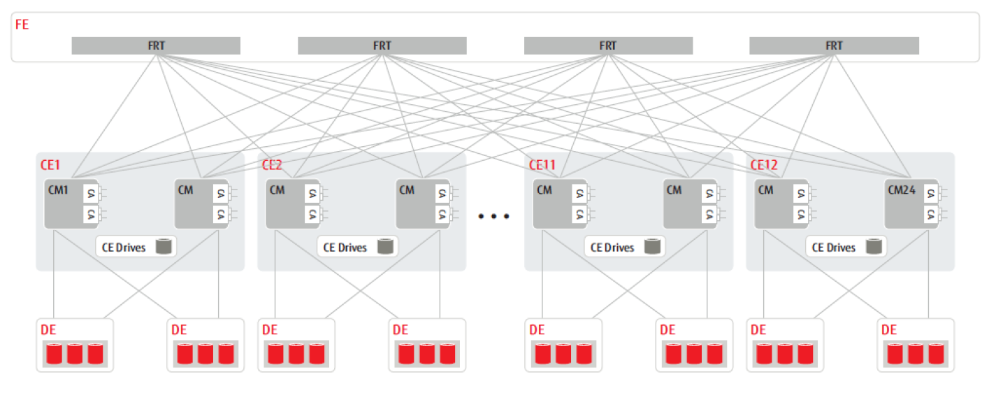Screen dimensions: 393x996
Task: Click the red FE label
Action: point(22,24)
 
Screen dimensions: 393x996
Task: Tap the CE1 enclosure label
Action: point(50,165)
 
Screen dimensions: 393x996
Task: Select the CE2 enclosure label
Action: point(272,165)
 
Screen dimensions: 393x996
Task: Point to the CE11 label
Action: point(542,165)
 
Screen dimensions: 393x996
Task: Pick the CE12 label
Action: point(764,165)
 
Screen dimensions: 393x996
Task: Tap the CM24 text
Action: point(902,190)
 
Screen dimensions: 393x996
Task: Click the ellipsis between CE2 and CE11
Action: point(494,216)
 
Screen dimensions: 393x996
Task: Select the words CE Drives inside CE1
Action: point(124,247)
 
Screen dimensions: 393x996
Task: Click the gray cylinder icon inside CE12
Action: point(874,246)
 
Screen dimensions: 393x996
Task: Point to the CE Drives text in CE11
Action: point(612,247)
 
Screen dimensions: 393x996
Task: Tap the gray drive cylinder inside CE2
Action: point(384,246)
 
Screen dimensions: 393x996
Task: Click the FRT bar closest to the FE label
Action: point(156,45)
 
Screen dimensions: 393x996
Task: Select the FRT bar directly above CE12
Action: point(834,45)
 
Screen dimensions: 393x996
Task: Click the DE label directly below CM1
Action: point(49,329)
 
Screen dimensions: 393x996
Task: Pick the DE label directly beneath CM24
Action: point(889,329)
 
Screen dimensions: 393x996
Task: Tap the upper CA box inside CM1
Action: point(90,194)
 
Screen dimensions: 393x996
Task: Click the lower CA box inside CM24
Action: point(930,215)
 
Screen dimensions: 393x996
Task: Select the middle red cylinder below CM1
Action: point(75,354)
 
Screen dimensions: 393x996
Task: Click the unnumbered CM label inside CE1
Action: point(185,190)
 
